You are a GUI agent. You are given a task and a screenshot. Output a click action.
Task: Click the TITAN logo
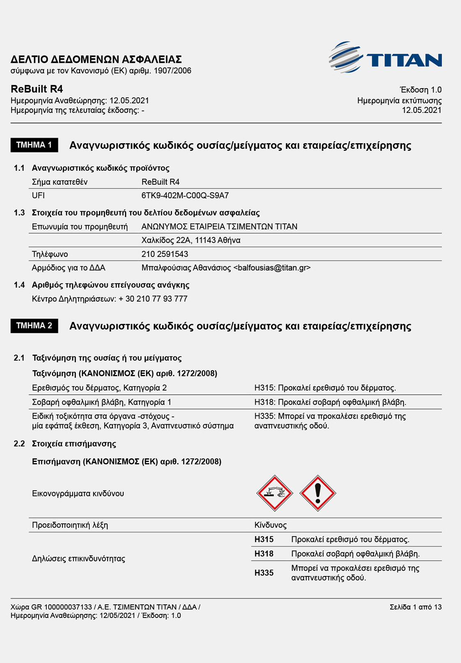pos(385,58)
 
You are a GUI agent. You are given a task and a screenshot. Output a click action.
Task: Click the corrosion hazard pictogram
pos(275,493)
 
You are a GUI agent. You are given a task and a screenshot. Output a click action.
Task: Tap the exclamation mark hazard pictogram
pos(318,493)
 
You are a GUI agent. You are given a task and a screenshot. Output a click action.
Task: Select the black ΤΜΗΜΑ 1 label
pos(34,145)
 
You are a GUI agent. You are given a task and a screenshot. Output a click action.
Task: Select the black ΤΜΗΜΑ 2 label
pos(34,326)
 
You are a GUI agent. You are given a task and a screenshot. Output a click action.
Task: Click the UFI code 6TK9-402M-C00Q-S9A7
pos(185,196)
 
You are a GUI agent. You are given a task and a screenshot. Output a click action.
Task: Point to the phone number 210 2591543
pos(165,254)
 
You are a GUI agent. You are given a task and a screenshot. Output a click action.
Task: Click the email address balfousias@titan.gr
pos(272,268)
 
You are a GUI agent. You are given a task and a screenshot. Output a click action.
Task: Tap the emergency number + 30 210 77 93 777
pos(153,299)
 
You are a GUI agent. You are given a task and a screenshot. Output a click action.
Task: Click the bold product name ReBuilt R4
pos(37,89)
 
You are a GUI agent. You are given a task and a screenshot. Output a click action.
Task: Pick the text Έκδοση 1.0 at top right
pos(420,90)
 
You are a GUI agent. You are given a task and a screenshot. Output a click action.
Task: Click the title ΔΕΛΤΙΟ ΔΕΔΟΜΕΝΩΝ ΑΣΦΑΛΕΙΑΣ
pos(96,59)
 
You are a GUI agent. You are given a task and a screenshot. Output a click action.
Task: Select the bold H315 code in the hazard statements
pos(264,540)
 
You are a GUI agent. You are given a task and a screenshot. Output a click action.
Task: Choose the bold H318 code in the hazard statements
pos(264,554)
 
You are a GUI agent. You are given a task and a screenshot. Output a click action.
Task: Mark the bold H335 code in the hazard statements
pos(264,573)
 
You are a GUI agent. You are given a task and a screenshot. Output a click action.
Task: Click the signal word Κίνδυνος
pos(271,525)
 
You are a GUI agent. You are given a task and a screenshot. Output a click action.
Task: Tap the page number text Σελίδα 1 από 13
pos(415,607)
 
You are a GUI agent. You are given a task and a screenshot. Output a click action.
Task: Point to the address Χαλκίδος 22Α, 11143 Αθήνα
pos(191,240)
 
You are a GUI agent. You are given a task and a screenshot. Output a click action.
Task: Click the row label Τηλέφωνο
pos(50,254)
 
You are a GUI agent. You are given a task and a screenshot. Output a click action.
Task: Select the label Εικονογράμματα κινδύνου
pos(78,494)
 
